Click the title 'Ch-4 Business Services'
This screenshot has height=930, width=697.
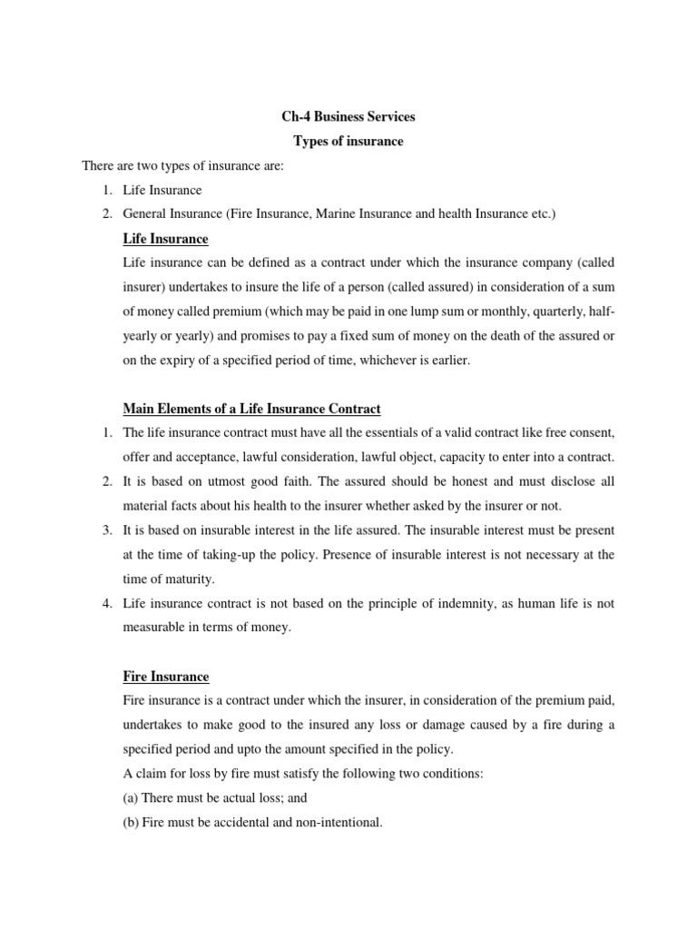pyautogui.click(x=348, y=117)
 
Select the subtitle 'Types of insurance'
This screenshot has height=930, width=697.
pyautogui.click(x=348, y=142)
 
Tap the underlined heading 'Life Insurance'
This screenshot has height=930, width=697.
pyautogui.click(x=165, y=239)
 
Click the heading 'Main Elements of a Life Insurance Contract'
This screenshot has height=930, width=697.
pyautogui.click(x=251, y=409)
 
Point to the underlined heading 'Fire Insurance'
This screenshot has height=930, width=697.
pyautogui.click(x=165, y=677)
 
